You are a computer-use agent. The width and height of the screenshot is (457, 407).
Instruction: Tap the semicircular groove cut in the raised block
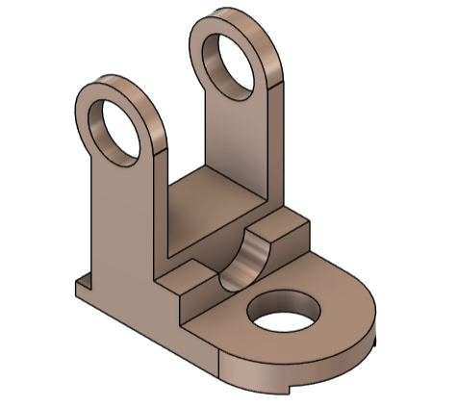point(244,262)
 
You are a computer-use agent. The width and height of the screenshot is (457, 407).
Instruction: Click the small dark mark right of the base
point(377,340)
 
